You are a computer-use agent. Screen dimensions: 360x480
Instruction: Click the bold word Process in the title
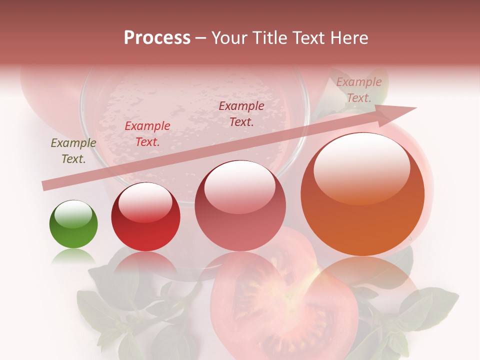pyautogui.click(x=157, y=37)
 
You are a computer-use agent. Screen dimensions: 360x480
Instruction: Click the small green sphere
pyautogui.click(x=73, y=224)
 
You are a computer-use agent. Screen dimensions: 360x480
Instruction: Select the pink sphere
pyautogui.click(x=240, y=205)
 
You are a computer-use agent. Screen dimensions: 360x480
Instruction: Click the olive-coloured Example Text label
pyautogui.click(x=73, y=151)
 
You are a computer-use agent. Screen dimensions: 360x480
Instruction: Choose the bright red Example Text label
pyautogui.click(x=147, y=134)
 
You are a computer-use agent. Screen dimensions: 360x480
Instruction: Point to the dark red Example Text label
pyautogui.click(x=241, y=113)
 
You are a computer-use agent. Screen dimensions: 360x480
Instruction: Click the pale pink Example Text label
pyautogui.click(x=358, y=90)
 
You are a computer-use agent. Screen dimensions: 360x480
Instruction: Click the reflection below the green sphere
pyautogui.click(x=73, y=257)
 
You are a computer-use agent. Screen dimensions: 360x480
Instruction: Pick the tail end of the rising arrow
pyautogui.click(x=46, y=185)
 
